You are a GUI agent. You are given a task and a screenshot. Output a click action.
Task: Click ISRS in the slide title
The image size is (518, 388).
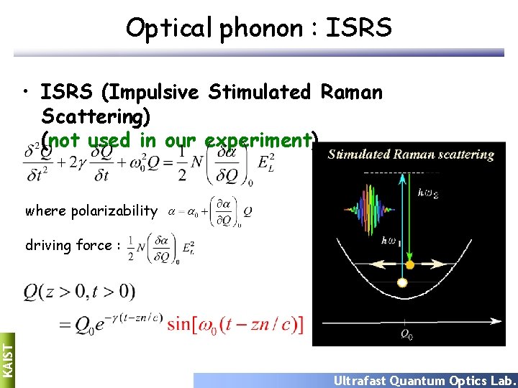click(358, 28)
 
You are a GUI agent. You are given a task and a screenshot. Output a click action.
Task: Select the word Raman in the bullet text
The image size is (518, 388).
click(351, 92)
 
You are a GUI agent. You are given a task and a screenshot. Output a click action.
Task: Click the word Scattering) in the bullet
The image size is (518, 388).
click(101, 116)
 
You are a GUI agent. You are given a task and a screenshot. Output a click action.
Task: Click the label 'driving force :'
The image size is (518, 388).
click(69, 246)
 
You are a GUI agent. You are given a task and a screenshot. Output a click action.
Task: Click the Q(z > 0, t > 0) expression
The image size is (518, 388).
click(79, 292)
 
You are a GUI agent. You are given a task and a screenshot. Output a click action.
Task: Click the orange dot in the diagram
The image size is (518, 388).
click(409, 265)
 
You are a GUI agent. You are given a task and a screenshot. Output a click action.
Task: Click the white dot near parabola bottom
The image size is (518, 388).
click(401, 282)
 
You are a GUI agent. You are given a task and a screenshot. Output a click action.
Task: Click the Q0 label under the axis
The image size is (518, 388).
click(407, 333)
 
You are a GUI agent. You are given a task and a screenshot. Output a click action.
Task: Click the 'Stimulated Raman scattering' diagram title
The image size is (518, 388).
click(410, 154)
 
